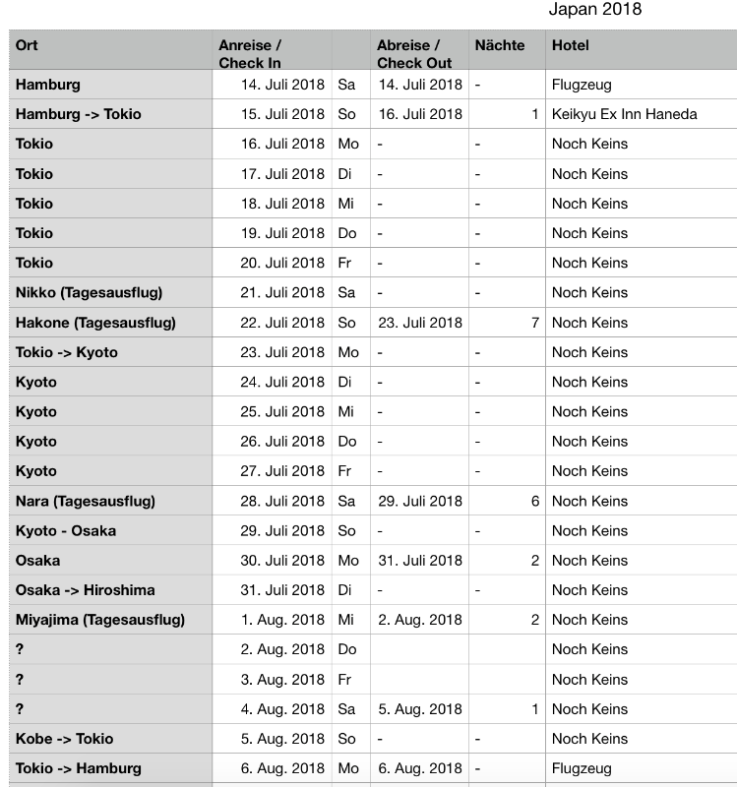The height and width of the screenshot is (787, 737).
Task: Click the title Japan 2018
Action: [594, 10]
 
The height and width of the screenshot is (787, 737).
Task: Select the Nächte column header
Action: [499, 45]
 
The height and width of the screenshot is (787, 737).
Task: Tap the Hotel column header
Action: [571, 45]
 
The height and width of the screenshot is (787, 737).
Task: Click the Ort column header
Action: [28, 45]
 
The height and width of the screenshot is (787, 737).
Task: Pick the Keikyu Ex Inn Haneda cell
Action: [624, 114]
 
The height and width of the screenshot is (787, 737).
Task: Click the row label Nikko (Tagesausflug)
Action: [89, 292]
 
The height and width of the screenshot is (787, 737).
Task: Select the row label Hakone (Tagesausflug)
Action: [95, 323]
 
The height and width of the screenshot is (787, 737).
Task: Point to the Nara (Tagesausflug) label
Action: [86, 501]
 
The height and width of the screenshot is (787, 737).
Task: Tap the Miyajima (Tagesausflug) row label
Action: [100, 620]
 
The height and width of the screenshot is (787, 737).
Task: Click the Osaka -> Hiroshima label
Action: [85, 590]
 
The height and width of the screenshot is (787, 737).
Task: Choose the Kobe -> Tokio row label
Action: [64, 739]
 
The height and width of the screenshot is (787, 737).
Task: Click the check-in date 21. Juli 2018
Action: [281, 292]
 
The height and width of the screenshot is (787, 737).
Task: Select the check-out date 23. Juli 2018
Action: [419, 323]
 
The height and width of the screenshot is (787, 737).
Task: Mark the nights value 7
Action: [535, 323]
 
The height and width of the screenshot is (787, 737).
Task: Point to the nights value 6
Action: [535, 501]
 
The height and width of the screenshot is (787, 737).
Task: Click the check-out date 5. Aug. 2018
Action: [419, 709]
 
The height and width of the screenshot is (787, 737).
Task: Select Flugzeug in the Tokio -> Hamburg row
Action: [582, 768]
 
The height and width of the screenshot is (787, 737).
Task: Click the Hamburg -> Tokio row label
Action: [79, 114]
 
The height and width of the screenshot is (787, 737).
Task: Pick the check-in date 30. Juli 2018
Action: [281, 561]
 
